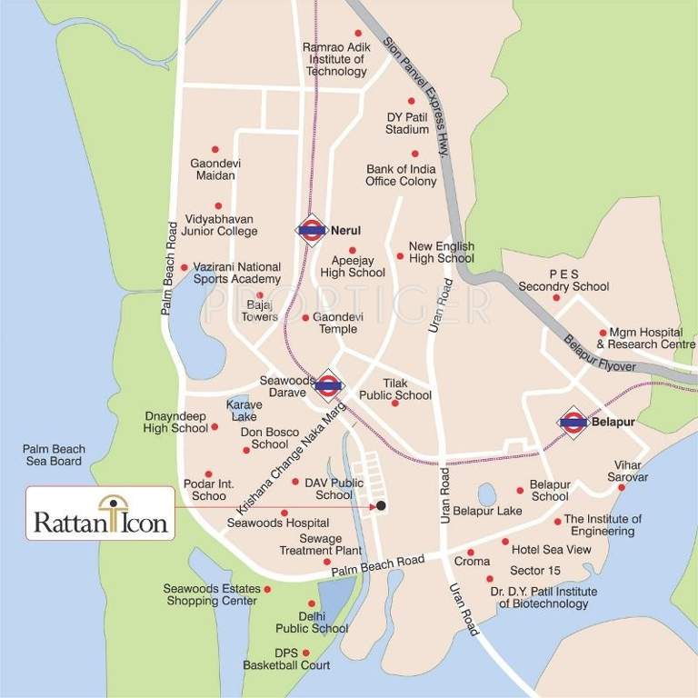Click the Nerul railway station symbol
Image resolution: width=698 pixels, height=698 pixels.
(x=311, y=231)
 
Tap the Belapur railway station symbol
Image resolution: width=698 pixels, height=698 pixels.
(x=573, y=422)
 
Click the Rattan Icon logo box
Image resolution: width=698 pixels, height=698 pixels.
(x=100, y=514)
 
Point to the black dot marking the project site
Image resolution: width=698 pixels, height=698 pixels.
(x=382, y=505)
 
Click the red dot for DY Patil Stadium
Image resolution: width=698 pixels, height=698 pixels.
(x=411, y=102)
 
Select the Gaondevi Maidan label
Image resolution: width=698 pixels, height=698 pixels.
(x=215, y=169)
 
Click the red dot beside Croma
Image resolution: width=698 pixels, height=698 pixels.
(x=470, y=552)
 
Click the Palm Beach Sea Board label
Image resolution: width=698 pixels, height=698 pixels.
(x=54, y=454)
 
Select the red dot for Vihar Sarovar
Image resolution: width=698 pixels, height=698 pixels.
(x=622, y=487)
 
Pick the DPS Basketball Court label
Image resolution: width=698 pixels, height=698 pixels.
(x=286, y=659)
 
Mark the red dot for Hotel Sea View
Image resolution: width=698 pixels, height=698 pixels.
(x=505, y=542)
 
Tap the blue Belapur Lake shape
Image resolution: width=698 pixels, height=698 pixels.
(x=487, y=494)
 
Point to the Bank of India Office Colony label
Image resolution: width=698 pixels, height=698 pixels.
(x=401, y=174)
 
